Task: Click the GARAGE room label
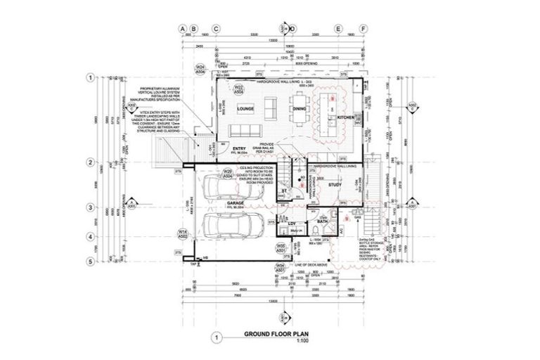pyautogui.click(x=235, y=202)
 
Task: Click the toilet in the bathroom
pyautogui.click(x=314, y=219)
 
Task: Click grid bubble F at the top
pyautogui.click(x=363, y=29)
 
